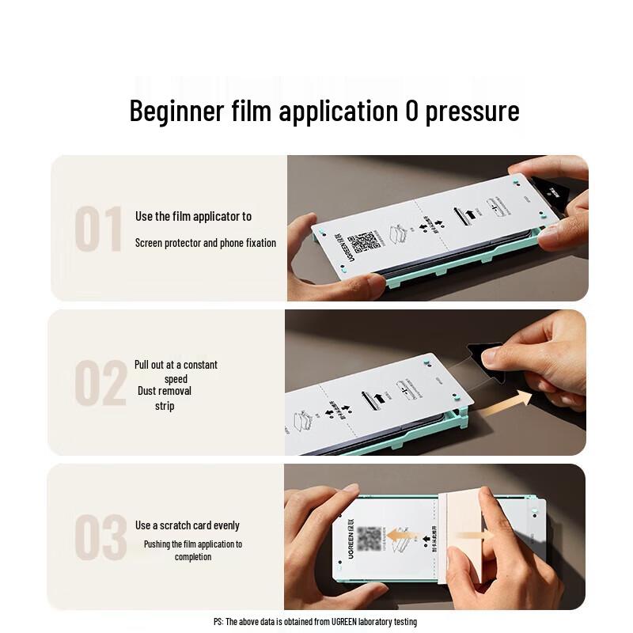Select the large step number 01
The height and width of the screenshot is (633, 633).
click(x=98, y=229)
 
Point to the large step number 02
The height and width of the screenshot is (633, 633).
click(x=100, y=384)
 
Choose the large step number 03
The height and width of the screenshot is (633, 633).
click(x=100, y=537)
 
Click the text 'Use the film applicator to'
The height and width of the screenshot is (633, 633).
click(x=193, y=216)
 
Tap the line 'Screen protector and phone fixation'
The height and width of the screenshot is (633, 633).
click(x=205, y=243)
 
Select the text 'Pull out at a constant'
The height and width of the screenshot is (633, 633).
click(x=176, y=365)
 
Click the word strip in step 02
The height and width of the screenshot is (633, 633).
click(x=165, y=406)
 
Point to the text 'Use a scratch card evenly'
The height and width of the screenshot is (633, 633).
click(x=187, y=525)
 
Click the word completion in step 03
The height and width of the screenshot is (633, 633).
click(x=193, y=557)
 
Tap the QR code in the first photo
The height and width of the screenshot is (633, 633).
click(x=366, y=242)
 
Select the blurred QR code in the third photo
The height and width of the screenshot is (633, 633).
click(x=370, y=539)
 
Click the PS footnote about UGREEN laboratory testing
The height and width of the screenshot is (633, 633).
click(x=315, y=622)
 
